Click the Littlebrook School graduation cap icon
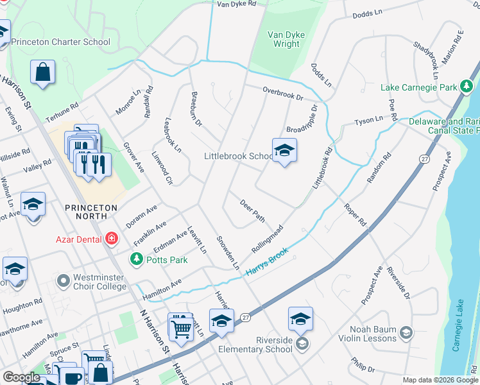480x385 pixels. pyautogui.click(x=284, y=151)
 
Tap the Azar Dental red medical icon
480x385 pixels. pyautogui.click(x=112, y=239)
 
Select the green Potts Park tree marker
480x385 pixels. pyautogui.click(x=136, y=259)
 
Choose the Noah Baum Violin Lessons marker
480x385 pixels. pyautogui.click(x=406, y=332)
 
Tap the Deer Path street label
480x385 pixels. pyautogui.click(x=252, y=210)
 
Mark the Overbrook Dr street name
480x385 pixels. pyautogui.click(x=282, y=94)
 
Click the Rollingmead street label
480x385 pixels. pyautogui.click(x=268, y=239)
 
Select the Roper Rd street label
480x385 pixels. pyautogui.click(x=354, y=216)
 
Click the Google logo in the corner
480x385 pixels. pyautogui.click(x=21, y=378)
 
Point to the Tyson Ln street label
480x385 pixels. pyautogui.click(x=369, y=121)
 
